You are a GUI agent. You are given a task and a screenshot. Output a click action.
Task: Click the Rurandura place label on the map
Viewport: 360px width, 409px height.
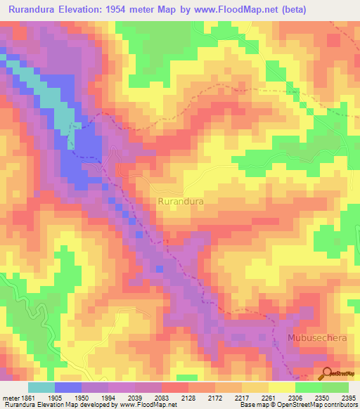[x=181, y=201]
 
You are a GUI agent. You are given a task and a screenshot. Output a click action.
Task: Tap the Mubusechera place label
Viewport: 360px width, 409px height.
[x=316, y=338]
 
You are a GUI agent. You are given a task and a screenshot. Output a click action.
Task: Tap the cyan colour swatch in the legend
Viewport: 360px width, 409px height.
[x=41, y=387]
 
